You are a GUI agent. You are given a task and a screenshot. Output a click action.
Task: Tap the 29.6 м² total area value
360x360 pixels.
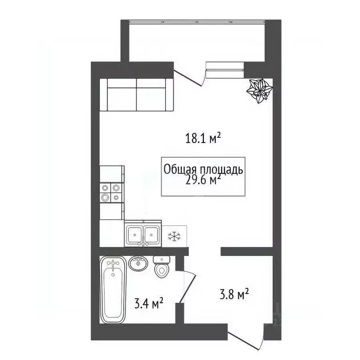coord(203,180)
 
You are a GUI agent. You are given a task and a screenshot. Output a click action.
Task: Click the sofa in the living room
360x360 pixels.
coord(136,95)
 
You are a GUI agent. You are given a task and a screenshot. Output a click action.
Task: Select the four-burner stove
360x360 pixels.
coord(111,192)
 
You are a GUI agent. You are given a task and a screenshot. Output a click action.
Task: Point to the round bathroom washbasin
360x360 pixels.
coord(139,263)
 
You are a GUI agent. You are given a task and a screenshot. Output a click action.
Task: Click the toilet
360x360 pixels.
coord(162,269)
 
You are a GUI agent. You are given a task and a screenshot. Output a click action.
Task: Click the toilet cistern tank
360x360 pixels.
coord(162,259)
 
